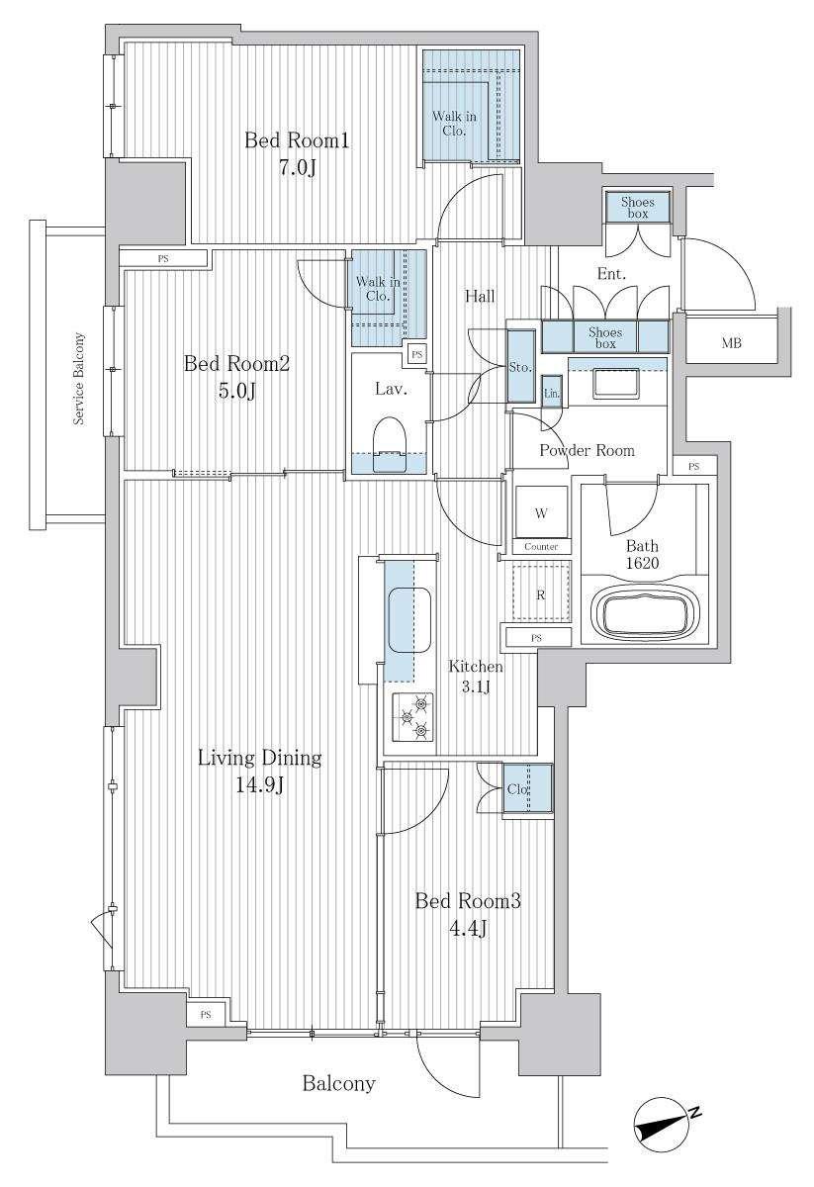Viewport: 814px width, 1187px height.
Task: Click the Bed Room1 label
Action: (x=297, y=140)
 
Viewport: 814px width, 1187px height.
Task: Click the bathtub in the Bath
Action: (x=645, y=614)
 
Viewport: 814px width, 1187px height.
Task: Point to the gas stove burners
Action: (x=413, y=717)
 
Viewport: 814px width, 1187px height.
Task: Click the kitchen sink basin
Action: (x=409, y=620)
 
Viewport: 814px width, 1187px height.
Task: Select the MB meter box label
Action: (x=731, y=343)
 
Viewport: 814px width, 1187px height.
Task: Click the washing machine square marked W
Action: (x=541, y=511)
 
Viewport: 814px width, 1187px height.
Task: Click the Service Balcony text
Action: (x=79, y=378)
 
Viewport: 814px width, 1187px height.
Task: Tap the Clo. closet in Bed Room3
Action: (x=527, y=788)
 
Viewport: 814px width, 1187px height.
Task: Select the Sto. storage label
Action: (x=520, y=367)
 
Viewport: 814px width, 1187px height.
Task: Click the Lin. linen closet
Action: (x=552, y=392)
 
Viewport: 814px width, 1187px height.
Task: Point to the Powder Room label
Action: (x=587, y=450)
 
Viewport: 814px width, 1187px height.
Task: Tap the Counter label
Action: (x=541, y=546)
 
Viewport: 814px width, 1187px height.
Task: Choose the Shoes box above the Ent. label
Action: (x=638, y=207)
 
